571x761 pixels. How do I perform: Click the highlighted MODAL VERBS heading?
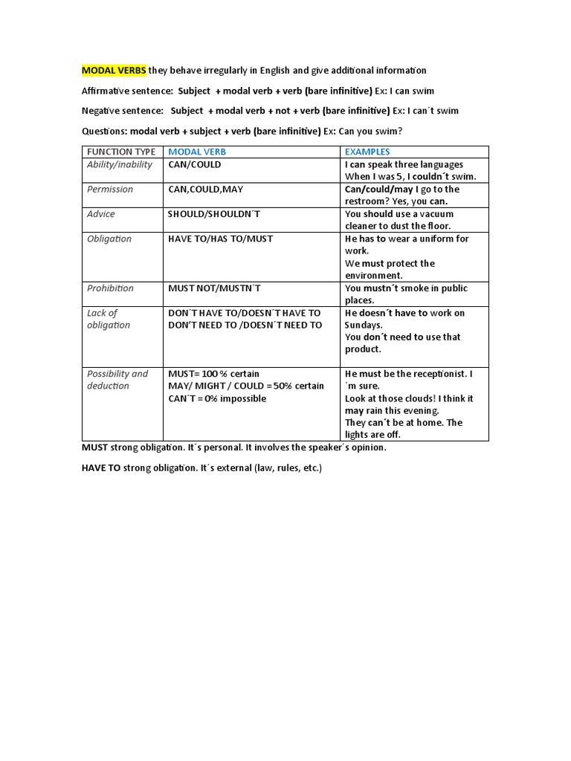pyautogui.click(x=114, y=71)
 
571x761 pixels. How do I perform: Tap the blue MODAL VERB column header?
pyautogui.click(x=197, y=152)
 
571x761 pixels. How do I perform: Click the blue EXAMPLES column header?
pyautogui.click(x=367, y=152)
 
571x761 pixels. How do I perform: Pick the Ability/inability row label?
pyautogui.click(x=120, y=164)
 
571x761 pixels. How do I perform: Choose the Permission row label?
pyautogui.click(x=110, y=189)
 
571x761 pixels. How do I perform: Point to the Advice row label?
pyautogui.click(x=101, y=213)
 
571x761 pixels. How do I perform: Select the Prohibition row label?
pyautogui.click(x=110, y=288)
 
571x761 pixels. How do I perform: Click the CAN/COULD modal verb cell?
pyautogui.click(x=195, y=164)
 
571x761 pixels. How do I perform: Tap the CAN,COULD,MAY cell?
pyautogui.click(x=206, y=189)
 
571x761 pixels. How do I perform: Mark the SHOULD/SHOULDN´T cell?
pyautogui.click(x=214, y=213)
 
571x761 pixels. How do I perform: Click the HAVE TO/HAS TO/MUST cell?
pyautogui.click(x=221, y=239)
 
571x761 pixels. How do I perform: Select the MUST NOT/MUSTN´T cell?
pyautogui.click(x=215, y=288)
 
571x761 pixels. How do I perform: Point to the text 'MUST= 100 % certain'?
pyautogui.click(x=214, y=373)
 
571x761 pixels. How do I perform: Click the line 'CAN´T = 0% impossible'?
pyautogui.click(x=217, y=398)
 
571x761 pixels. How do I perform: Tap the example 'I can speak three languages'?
pyautogui.click(x=404, y=164)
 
